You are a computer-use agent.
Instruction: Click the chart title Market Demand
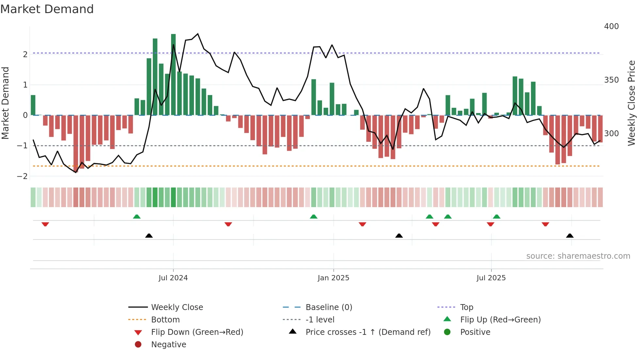coord(47,9)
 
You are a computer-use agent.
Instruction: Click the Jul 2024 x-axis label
coord(173,278)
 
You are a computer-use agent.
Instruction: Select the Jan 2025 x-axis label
coord(333,278)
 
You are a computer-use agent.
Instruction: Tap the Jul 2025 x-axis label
coord(491,278)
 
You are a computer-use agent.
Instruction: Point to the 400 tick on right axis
coord(611,26)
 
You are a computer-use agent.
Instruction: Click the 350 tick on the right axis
coord(611,80)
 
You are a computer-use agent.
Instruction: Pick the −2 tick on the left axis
coord(23,176)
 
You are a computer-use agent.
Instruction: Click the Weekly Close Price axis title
coord(632,103)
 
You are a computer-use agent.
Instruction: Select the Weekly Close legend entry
coord(177,307)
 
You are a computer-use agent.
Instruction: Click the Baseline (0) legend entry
coord(328,307)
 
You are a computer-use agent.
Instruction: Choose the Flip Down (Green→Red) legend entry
coord(197,332)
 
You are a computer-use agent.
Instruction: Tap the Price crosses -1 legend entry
coord(368,332)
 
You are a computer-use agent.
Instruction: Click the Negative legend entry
coord(168,345)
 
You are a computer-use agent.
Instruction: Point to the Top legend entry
coord(467,307)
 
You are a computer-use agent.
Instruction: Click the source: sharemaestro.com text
coord(578,256)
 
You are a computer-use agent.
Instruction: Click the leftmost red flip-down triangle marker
coord(45,224)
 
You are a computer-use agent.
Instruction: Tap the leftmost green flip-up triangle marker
coord(137,217)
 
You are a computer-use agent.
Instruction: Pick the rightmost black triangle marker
coord(570,236)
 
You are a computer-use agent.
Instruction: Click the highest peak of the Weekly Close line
coord(198,34)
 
